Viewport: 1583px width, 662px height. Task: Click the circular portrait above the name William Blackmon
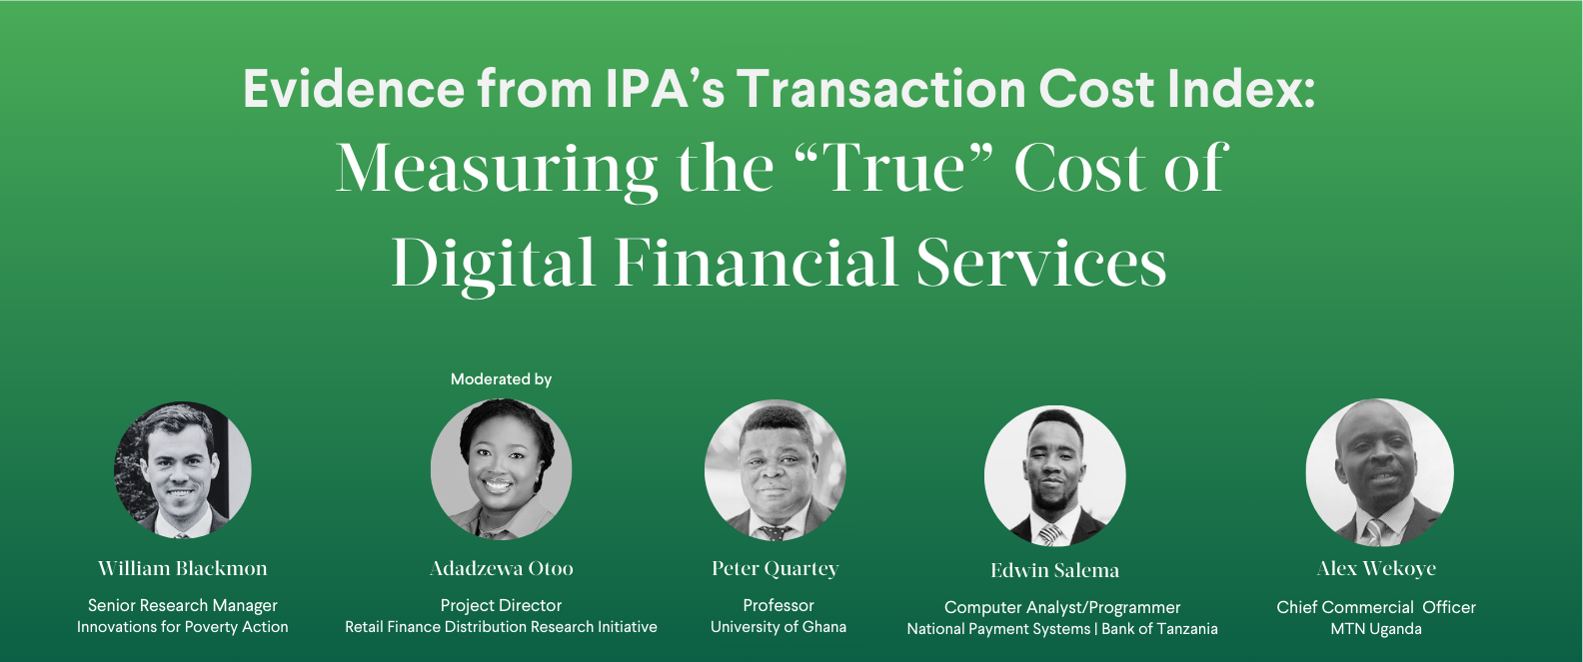click(182, 470)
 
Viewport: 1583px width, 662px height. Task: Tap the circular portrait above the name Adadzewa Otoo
click(501, 469)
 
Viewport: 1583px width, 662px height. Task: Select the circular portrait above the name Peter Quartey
click(776, 470)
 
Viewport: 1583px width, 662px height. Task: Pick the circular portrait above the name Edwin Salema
click(1055, 475)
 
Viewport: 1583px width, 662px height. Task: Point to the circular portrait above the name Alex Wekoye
click(1379, 473)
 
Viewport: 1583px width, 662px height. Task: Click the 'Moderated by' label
click(501, 379)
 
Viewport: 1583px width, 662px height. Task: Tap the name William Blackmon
click(182, 568)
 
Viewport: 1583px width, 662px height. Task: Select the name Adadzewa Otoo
click(501, 568)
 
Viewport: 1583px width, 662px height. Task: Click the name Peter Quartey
click(776, 569)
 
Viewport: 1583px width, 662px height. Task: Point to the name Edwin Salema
click(1055, 570)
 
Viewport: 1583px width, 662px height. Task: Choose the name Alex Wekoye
click(1376, 569)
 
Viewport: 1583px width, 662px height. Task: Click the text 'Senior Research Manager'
click(182, 605)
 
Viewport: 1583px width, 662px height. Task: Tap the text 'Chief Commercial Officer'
click(1376, 607)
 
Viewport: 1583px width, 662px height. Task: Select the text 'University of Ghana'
click(779, 627)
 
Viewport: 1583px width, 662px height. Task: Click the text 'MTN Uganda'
click(1376, 629)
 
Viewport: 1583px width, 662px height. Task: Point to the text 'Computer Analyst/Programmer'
click(1062, 608)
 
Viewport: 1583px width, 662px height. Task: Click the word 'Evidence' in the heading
click(354, 89)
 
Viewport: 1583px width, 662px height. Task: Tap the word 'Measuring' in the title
click(496, 170)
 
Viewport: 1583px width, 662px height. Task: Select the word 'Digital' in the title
click(493, 264)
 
